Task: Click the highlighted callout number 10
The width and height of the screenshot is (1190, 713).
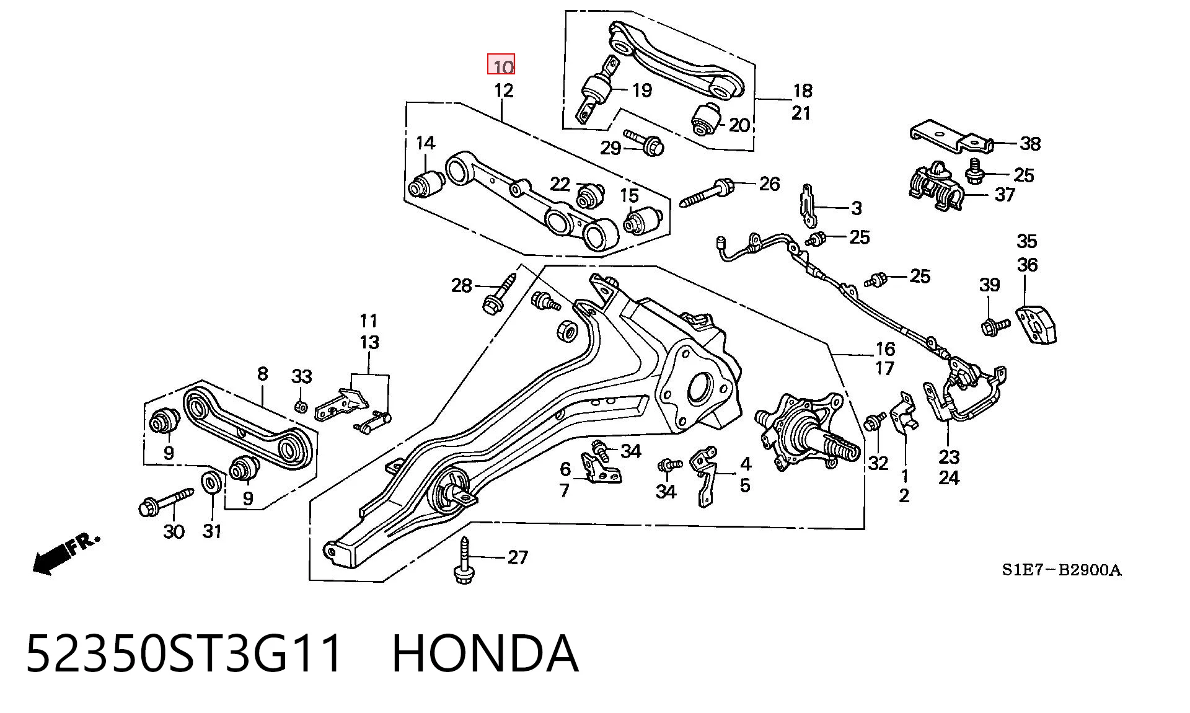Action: [501, 65]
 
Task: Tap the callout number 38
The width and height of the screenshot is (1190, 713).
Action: [1030, 144]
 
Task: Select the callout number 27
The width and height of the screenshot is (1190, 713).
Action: [518, 557]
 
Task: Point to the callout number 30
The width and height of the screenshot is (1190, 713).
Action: [174, 531]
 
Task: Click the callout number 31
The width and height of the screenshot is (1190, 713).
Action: [212, 531]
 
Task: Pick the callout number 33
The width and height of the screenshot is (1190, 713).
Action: [302, 376]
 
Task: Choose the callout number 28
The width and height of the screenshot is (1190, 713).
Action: [462, 286]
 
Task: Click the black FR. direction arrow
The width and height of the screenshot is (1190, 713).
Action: [65, 553]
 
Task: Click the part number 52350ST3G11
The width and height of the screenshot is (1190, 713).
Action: [184, 653]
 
